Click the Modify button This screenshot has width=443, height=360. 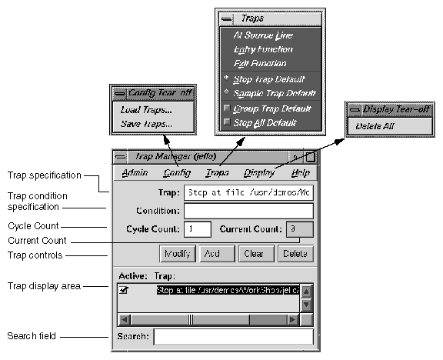click(177, 253)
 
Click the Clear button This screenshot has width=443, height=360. click(255, 253)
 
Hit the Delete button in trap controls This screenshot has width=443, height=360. click(294, 253)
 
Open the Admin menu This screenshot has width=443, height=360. click(135, 173)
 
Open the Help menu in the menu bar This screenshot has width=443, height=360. click(300, 173)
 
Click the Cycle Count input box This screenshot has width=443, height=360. click(198, 228)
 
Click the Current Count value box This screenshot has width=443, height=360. click(299, 228)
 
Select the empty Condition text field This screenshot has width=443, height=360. click(248, 210)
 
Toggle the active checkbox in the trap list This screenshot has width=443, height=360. click(124, 291)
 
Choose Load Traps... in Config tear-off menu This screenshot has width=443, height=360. click(145, 110)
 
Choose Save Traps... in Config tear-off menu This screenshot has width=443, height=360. click(145, 123)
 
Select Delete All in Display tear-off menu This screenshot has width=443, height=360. click(375, 125)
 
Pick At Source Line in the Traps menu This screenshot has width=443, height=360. click(263, 35)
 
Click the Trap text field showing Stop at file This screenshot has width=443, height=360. click(248, 192)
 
